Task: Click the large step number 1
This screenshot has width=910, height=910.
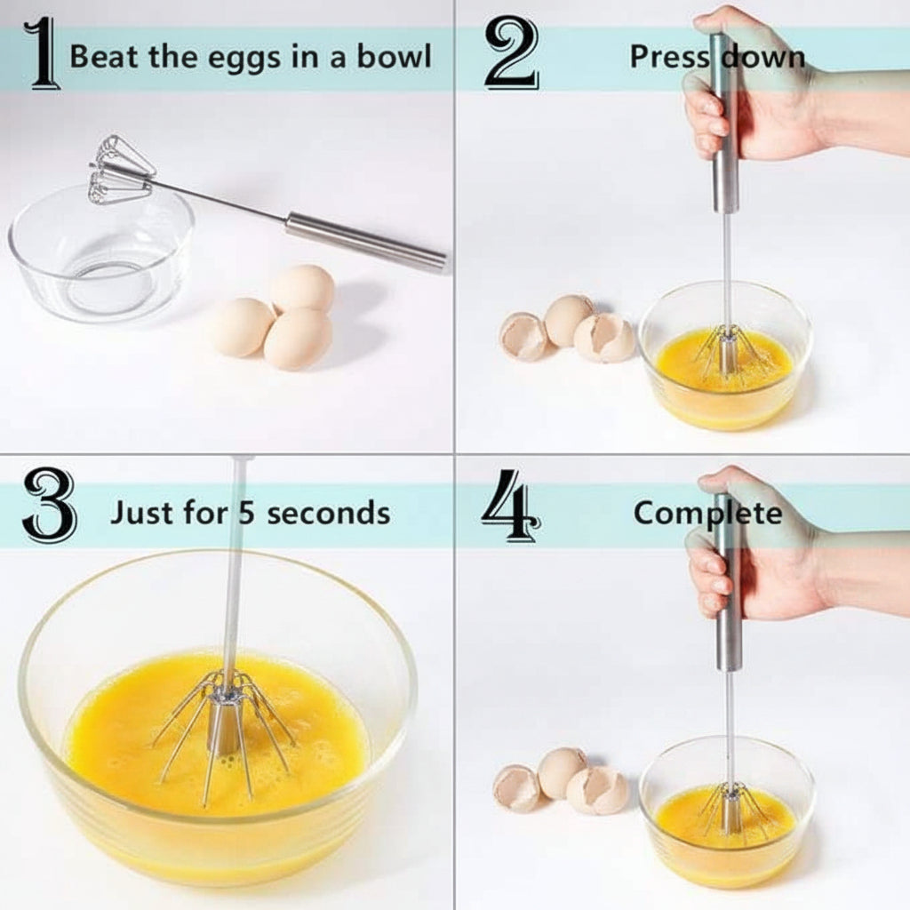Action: [x=43, y=53]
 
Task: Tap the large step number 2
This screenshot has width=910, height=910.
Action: [x=512, y=53]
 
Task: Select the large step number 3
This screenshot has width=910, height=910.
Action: [x=50, y=506]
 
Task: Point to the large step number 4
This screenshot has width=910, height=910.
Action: [x=511, y=506]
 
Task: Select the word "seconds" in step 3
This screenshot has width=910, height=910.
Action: [x=329, y=513]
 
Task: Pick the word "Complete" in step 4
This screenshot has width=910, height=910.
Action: [x=707, y=514]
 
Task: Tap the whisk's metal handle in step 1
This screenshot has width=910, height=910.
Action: [x=365, y=243]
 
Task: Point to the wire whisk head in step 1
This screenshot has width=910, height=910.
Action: [x=120, y=170]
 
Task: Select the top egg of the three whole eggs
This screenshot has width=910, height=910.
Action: [x=302, y=287]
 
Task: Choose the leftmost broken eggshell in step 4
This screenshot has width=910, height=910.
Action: [x=516, y=788]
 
